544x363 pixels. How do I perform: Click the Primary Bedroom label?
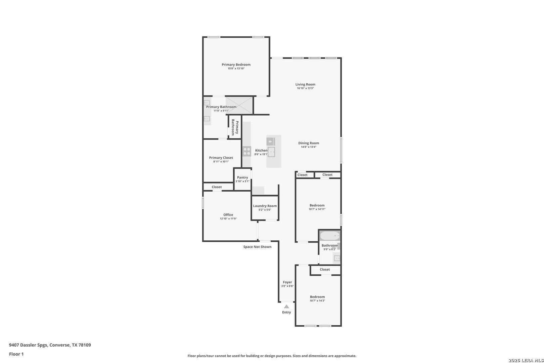click(236, 65)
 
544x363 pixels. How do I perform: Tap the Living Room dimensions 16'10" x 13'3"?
click(305, 88)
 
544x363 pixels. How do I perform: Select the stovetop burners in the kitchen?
click(247, 151)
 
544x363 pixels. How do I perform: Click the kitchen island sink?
click(271, 152)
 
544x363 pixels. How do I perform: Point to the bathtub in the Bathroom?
click(330, 236)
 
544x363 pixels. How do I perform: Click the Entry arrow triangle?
click(286, 307)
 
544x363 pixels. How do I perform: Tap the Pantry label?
click(242, 177)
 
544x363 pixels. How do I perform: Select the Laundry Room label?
click(265, 206)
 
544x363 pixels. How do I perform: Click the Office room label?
click(228, 215)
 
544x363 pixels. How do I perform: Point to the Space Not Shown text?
click(257, 247)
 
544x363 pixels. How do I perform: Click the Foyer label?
click(287, 282)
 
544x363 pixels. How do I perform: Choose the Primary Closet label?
click(221, 158)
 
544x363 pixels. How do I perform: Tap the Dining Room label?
click(308, 143)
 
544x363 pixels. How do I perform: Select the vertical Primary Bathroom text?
click(235, 127)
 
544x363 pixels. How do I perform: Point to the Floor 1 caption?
click(16, 354)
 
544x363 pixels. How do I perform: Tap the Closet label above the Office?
click(217, 187)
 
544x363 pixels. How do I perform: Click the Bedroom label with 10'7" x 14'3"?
click(317, 297)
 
